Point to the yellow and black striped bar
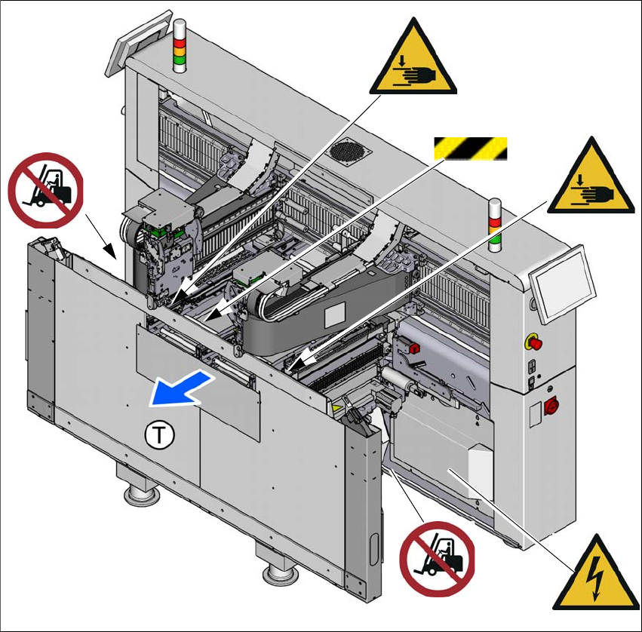pos(469,149)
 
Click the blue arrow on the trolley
pos(177,388)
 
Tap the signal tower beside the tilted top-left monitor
pos(180,47)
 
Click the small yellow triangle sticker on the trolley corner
pos(334,406)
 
